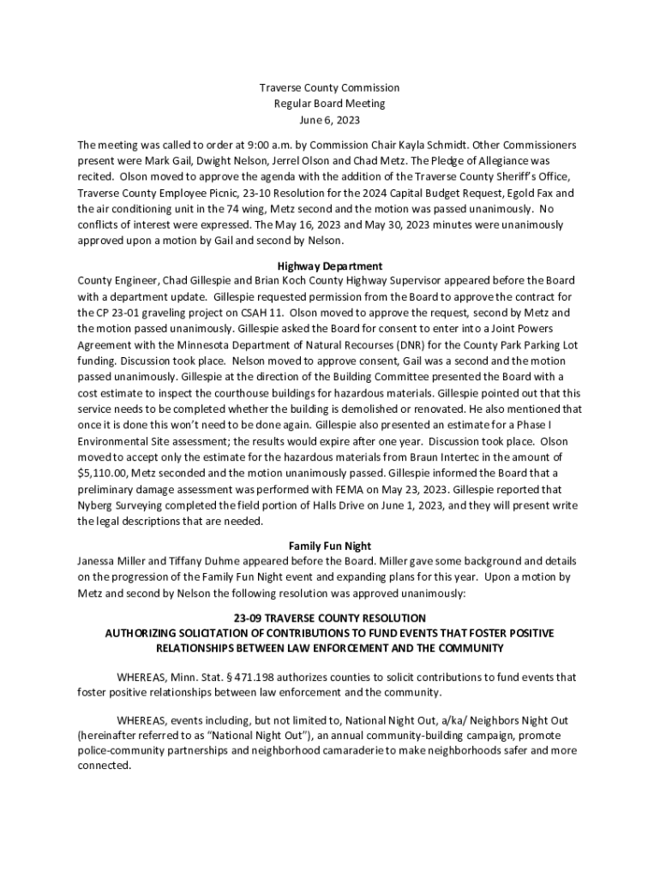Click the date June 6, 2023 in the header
pos(330,120)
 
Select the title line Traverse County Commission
pos(330,87)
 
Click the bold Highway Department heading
pos(330,266)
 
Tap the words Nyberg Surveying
pos(121,506)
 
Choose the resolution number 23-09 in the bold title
pos(248,617)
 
